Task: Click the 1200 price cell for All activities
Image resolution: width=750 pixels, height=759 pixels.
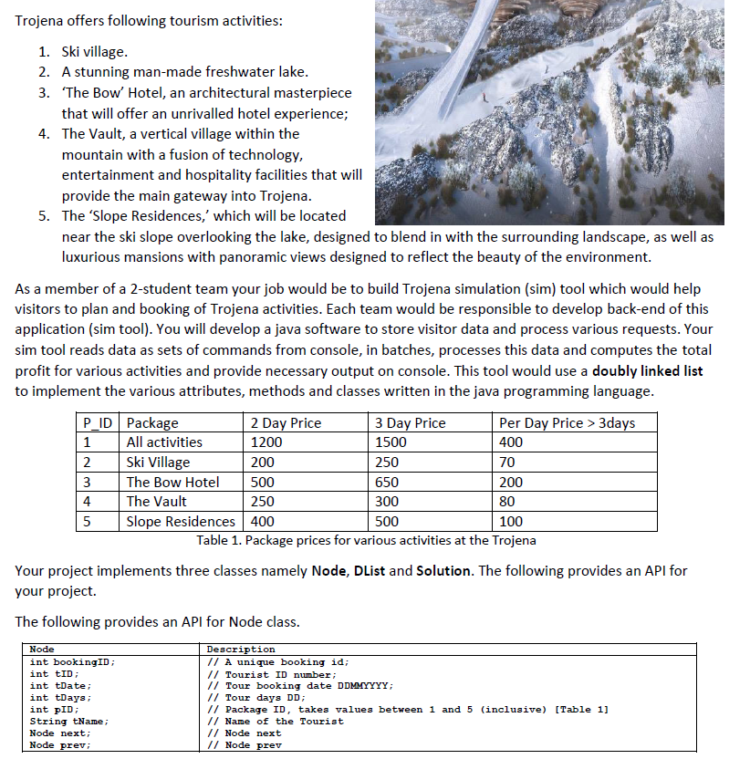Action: tap(266, 442)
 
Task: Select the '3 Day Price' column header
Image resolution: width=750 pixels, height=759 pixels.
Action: tap(411, 422)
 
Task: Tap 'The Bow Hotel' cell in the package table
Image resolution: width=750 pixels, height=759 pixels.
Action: tap(172, 482)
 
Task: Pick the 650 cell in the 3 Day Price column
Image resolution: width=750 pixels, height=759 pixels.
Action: tap(387, 482)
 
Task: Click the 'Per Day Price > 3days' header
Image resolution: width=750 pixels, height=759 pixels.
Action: tap(567, 422)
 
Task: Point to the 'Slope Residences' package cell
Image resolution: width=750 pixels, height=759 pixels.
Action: tap(180, 521)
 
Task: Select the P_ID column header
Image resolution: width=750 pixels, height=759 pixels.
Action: tap(98, 422)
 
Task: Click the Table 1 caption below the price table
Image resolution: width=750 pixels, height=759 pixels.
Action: tap(366, 540)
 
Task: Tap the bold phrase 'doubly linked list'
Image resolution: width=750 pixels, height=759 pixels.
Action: tap(647, 371)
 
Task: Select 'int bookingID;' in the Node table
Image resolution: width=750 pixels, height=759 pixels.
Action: tap(73, 662)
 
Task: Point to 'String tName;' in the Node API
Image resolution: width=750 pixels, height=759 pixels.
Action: tap(69, 722)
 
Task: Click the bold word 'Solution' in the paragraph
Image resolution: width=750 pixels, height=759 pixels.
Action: tap(443, 571)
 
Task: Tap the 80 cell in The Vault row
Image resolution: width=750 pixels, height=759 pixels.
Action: tap(508, 502)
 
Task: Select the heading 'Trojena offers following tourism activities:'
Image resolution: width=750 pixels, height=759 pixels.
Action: tap(149, 21)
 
